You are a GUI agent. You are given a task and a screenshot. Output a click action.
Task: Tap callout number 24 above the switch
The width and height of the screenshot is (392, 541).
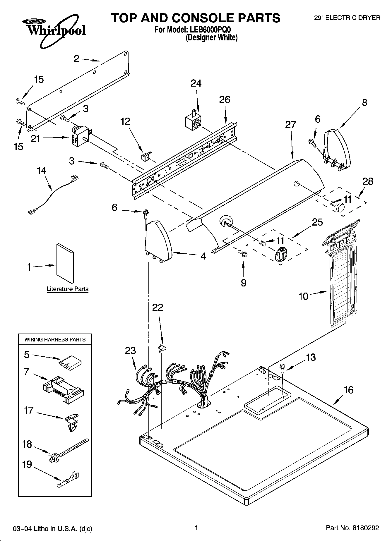pos(196,84)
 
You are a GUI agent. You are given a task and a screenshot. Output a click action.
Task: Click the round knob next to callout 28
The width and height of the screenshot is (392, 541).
pos(340,207)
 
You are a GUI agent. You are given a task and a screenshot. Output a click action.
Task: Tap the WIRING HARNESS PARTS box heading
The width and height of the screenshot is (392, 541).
pos(55,339)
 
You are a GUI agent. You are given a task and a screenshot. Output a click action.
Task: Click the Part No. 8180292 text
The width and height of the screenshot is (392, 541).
pos(352,528)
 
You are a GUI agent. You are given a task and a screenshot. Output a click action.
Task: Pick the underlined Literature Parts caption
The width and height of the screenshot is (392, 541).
pos(68,289)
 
